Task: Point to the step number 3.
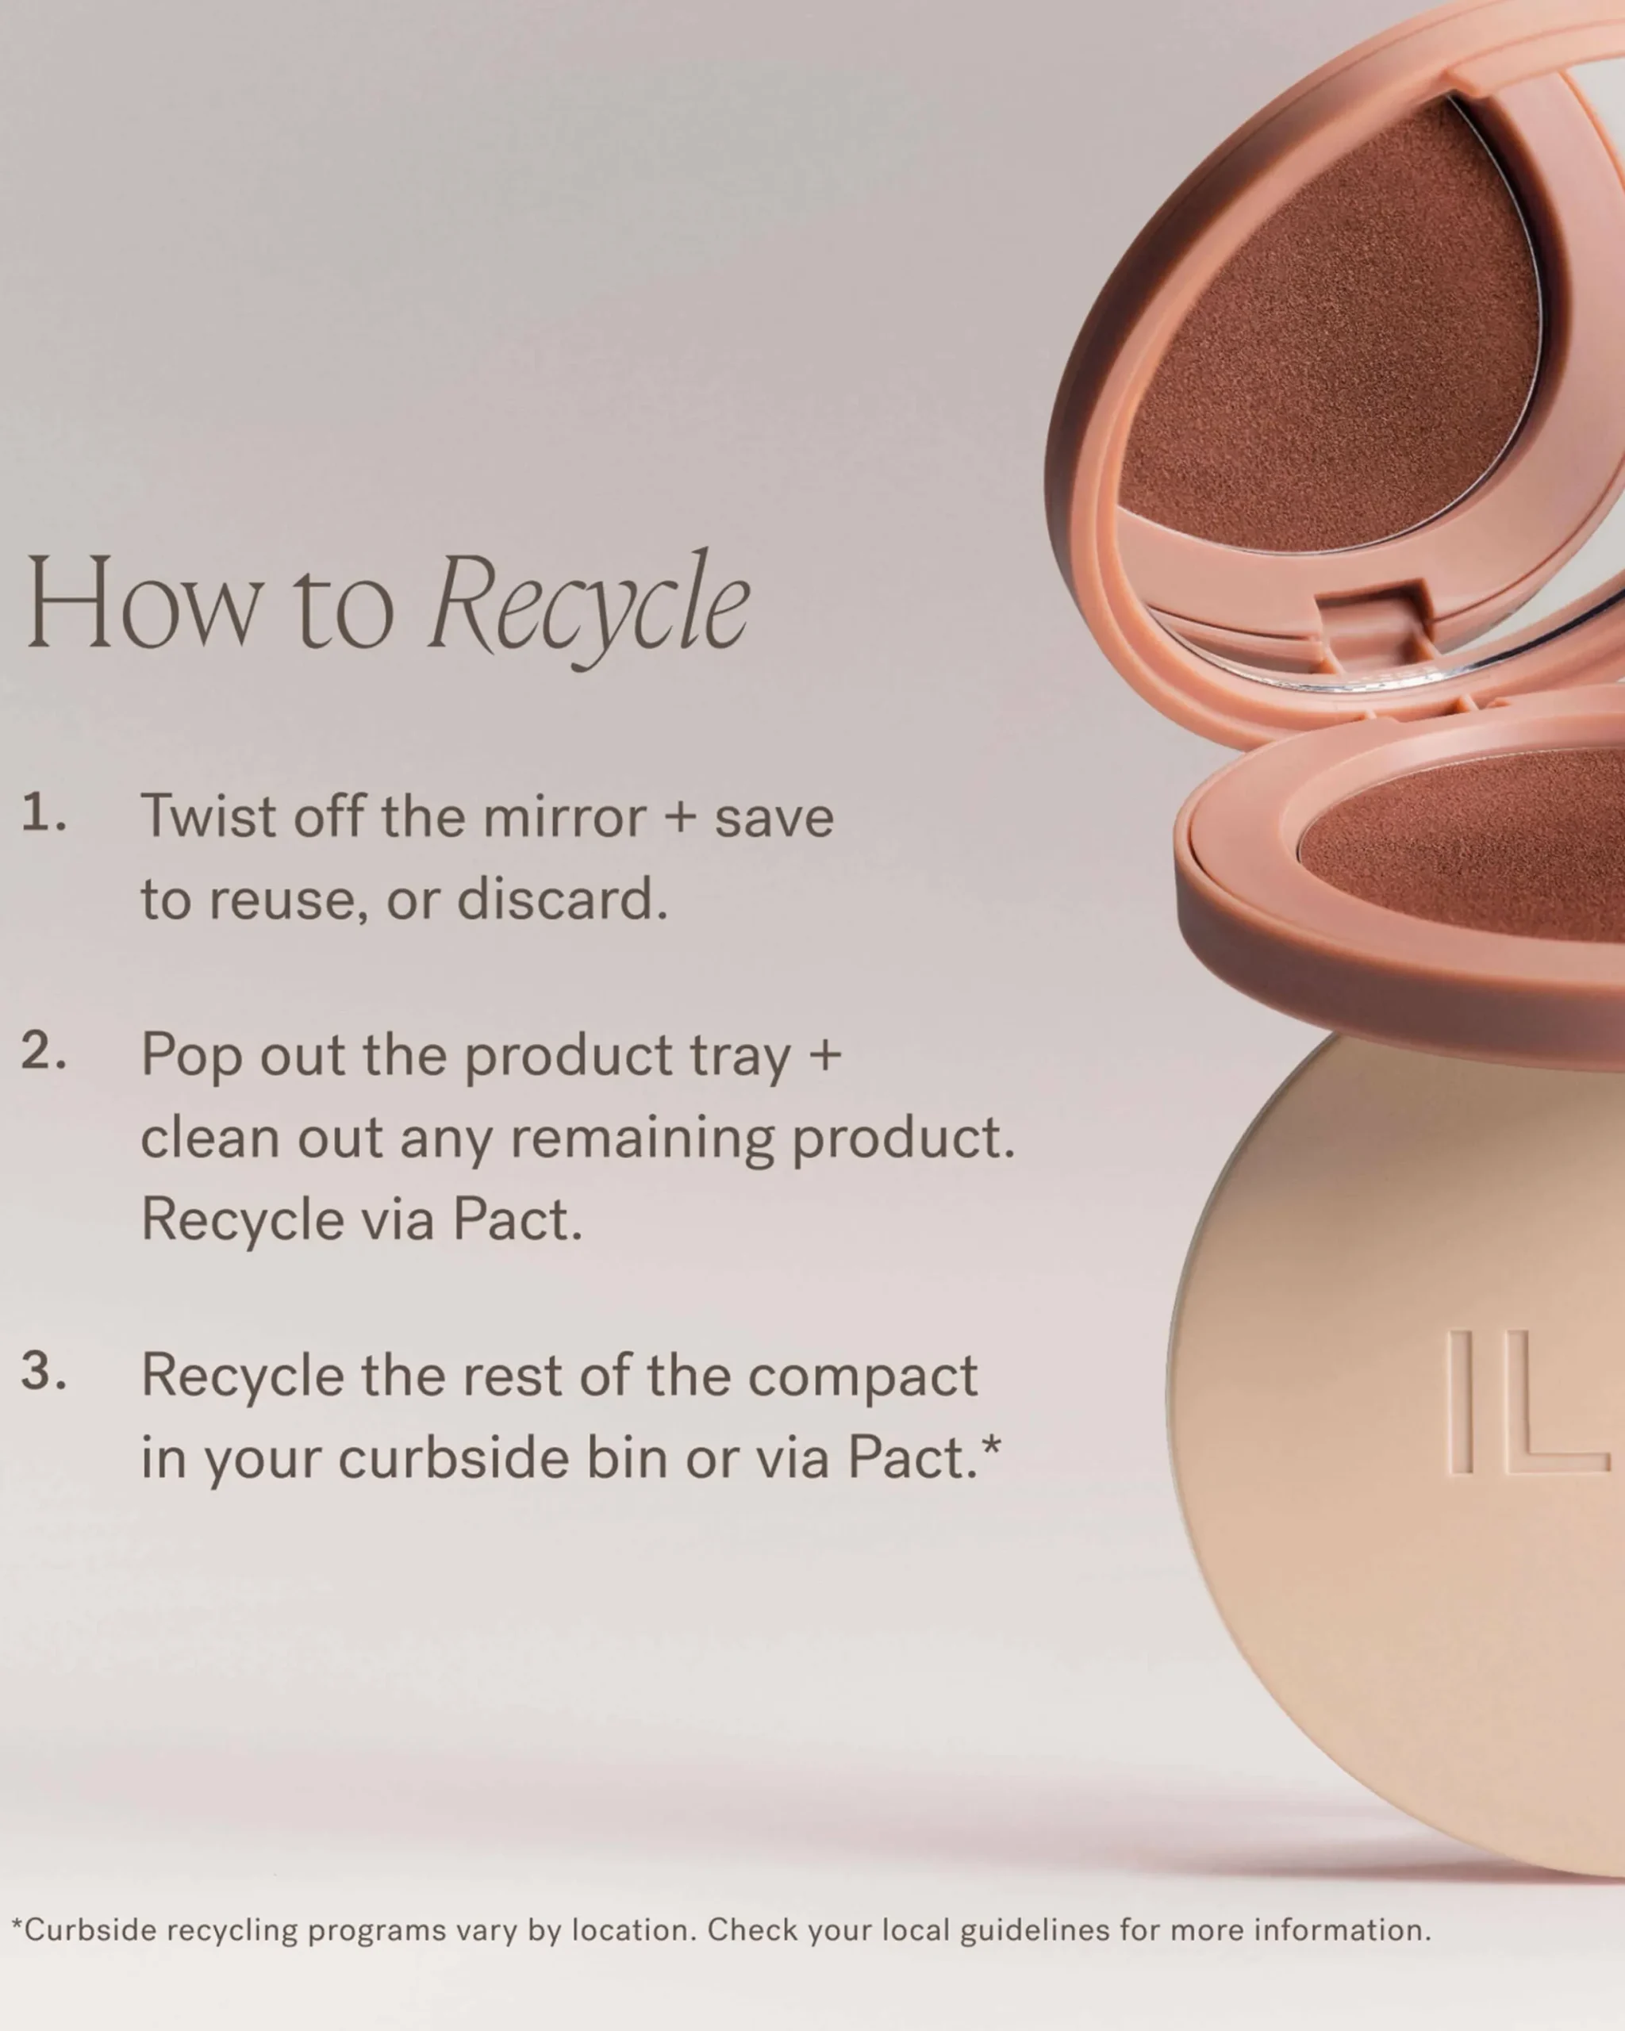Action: click(44, 1371)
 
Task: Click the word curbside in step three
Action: click(454, 1457)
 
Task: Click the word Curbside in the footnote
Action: click(90, 1930)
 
